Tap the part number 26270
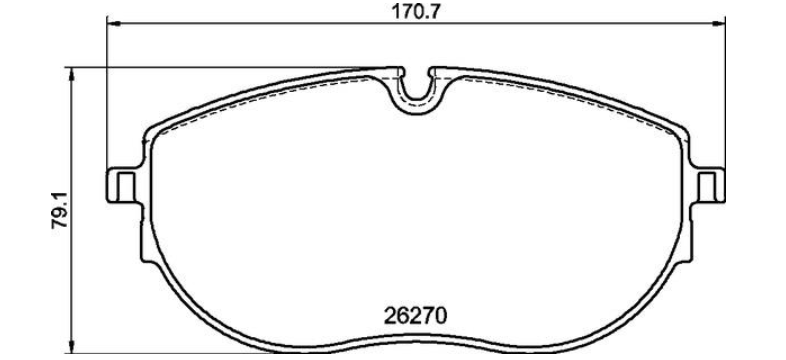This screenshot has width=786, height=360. [415, 316]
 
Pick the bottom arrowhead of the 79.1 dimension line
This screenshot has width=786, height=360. [71, 346]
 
